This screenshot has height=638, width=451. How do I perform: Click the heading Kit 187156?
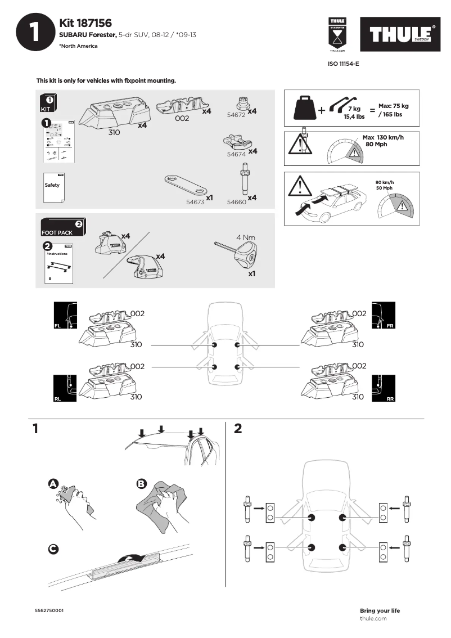pyautogui.click(x=85, y=23)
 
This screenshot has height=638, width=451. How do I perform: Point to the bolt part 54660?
pyautogui.click(x=245, y=178)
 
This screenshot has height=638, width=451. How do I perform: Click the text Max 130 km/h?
pyautogui.click(x=383, y=137)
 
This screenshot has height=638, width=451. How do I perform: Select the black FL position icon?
pyautogui.click(x=65, y=316)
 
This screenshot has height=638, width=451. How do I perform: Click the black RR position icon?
pyautogui.click(x=384, y=389)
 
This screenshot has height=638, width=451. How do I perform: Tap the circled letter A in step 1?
pyautogui.click(x=53, y=483)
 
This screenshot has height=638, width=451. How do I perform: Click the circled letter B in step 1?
pyautogui.click(x=141, y=483)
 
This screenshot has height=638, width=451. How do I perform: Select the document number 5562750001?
pyautogui.click(x=49, y=610)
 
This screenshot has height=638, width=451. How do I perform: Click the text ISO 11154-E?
pyautogui.click(x=343, y=64)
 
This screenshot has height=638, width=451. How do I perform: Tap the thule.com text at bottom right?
pyautogui.click(x=373, y=618)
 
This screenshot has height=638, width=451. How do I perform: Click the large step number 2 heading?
pyautogui.click(x=238, y=429)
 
